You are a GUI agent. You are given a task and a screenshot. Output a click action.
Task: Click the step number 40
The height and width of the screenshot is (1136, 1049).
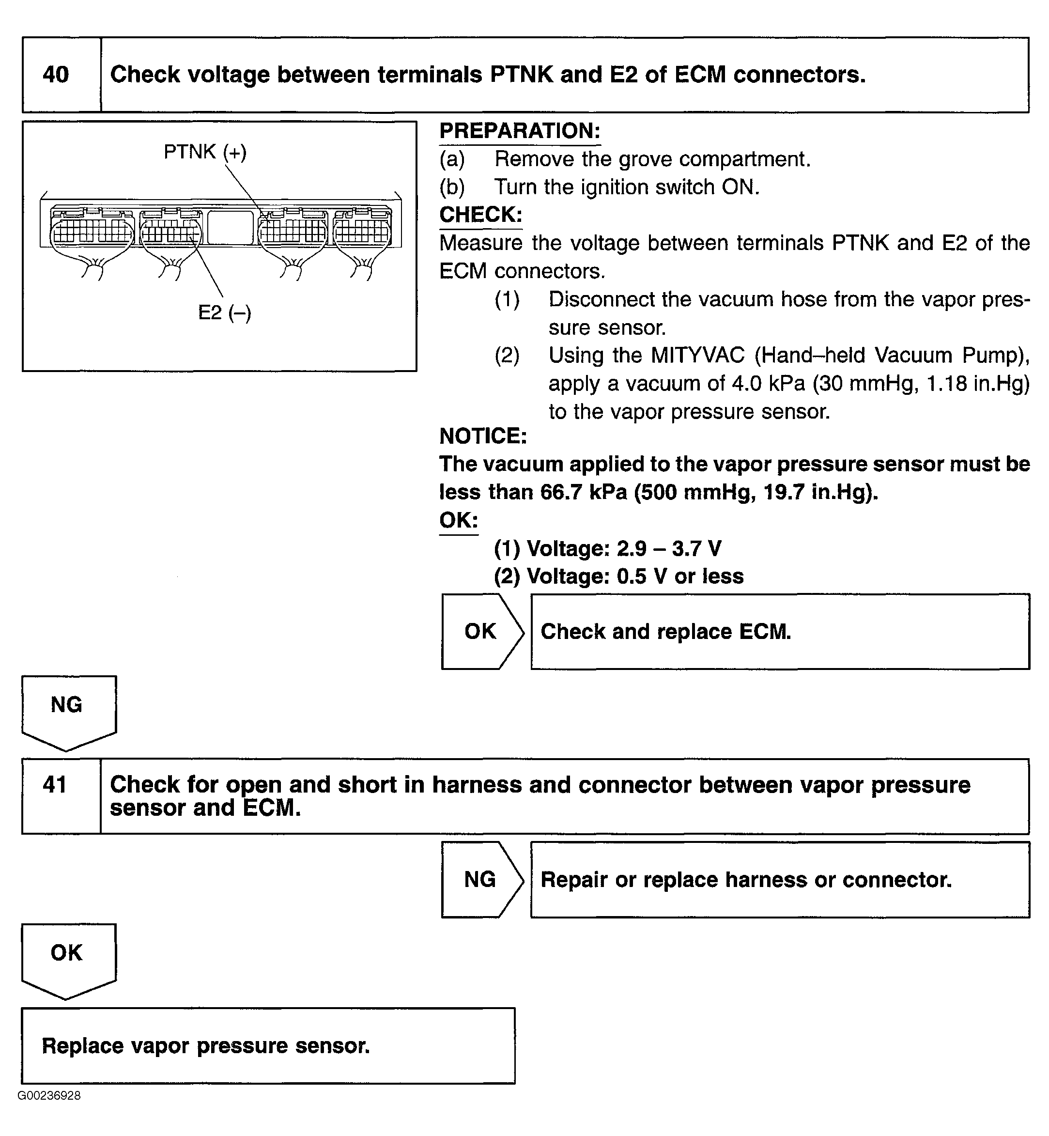click(56, 75)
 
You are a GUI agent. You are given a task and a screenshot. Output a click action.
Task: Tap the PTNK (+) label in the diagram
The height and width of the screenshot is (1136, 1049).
click(205, 152)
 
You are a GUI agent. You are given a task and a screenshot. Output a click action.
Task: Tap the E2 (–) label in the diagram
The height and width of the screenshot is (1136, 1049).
click(224, 312)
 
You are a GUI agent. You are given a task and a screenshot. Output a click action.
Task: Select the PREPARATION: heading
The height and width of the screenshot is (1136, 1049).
click(519, 131)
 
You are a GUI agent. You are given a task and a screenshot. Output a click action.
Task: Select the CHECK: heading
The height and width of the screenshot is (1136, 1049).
click(480, 215)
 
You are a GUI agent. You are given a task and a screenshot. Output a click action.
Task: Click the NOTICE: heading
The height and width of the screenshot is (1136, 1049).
click(483, 436)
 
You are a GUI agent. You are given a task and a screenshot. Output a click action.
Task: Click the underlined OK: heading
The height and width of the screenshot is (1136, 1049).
click(459, 520)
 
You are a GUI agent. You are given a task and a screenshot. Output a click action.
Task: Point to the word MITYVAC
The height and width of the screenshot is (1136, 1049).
click(697, 356)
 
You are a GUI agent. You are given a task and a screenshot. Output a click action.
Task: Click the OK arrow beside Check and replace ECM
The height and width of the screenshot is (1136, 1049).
click(480, 631)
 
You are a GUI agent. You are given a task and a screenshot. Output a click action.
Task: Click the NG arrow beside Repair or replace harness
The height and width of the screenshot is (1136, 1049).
click(480, 879)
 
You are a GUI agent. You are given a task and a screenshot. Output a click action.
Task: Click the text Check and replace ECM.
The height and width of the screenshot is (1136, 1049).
click(665, 632)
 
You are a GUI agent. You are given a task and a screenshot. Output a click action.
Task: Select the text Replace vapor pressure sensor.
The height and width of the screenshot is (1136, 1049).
click(205, 1046)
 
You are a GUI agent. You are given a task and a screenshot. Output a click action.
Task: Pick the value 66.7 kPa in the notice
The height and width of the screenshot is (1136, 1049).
click(584, 492)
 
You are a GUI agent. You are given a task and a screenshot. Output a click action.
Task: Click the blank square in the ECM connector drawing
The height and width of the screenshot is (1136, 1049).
click(231, 227)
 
